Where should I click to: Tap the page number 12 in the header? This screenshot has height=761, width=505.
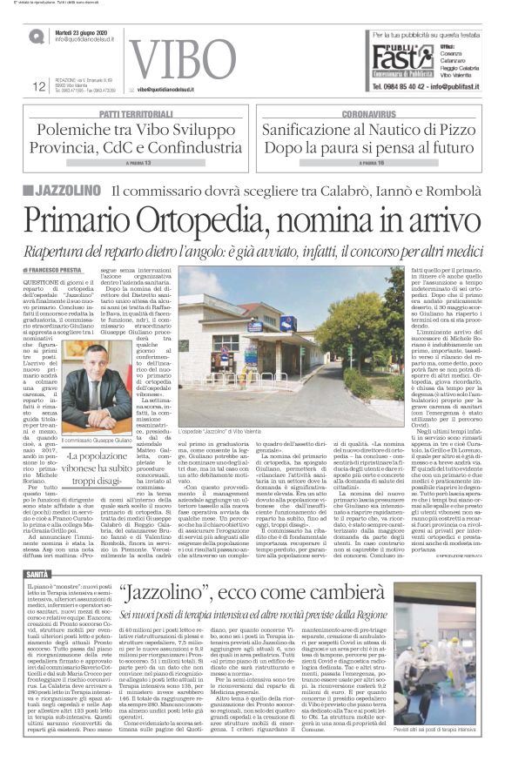tap(38, 85)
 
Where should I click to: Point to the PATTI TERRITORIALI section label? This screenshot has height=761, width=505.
tap(136, 114)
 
